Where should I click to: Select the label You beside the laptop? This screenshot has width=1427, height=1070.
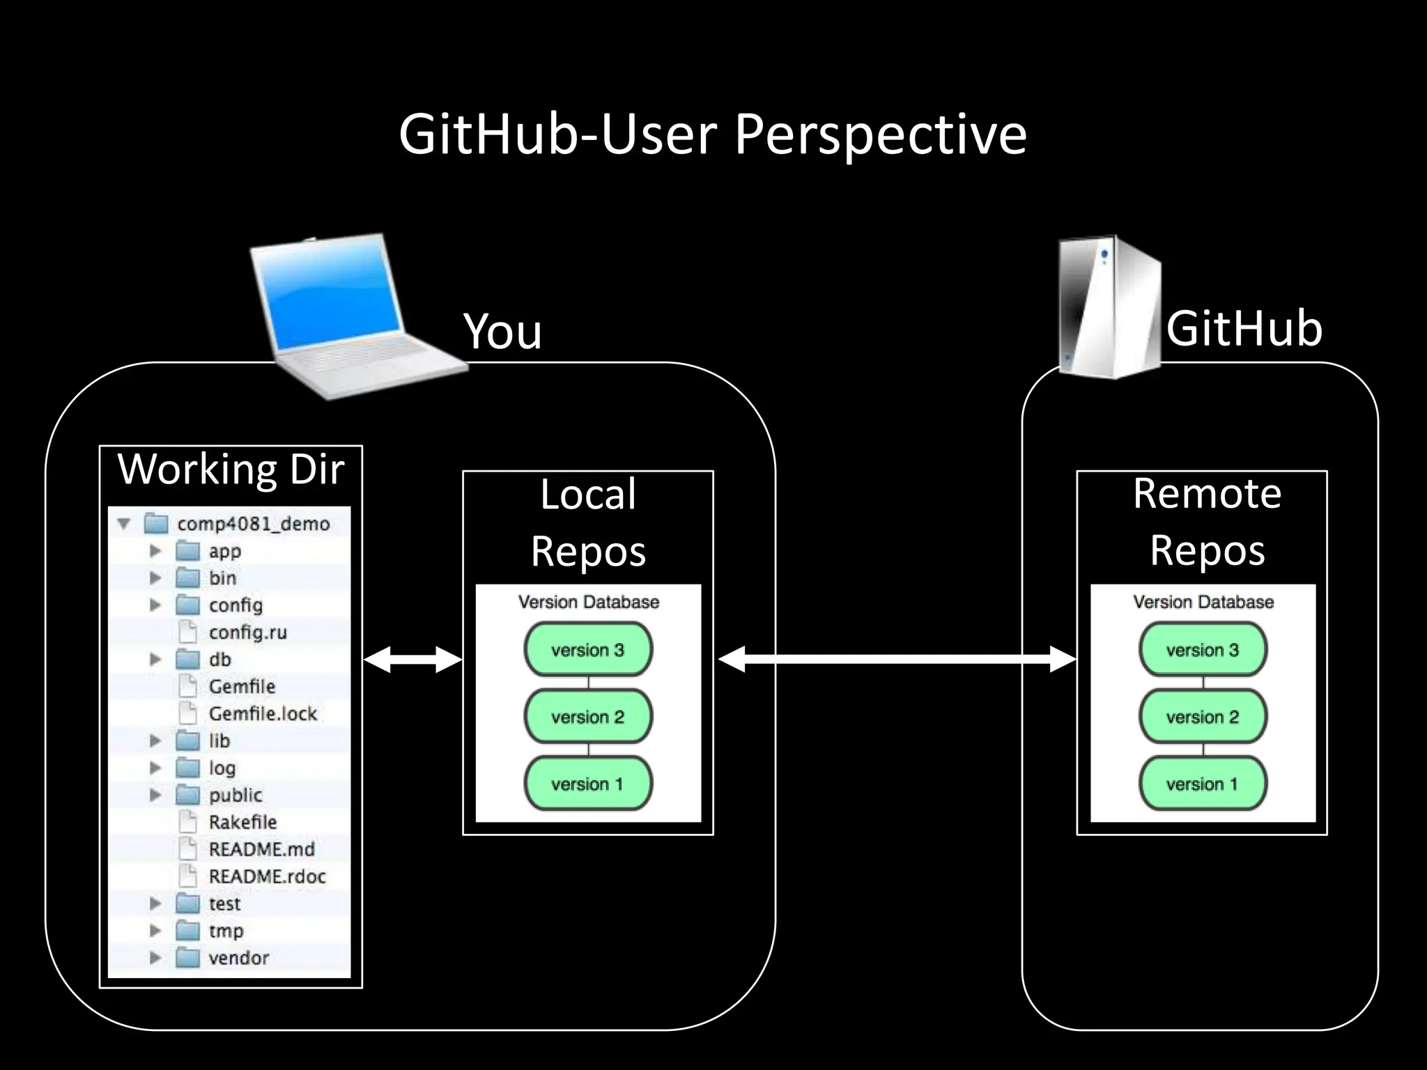502,331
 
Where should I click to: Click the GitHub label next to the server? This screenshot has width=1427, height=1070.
1244,328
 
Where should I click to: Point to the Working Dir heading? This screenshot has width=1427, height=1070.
231,469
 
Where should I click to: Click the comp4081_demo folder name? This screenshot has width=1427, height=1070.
253,524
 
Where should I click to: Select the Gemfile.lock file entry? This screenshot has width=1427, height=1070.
262,713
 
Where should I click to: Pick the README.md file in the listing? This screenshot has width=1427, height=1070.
261,849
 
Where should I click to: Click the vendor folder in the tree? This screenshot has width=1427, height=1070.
238,958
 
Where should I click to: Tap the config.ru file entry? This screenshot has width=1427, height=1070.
247,633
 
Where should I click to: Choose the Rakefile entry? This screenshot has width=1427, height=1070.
242,822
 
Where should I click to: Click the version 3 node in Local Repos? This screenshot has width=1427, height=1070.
587,650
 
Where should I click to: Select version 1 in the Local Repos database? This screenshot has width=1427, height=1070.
587,784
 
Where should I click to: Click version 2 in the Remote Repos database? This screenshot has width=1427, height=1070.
1203,717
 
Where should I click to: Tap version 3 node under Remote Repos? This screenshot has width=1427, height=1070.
1203,650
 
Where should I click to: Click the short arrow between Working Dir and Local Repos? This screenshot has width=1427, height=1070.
412,659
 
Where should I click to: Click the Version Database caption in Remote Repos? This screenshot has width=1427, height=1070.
1203,602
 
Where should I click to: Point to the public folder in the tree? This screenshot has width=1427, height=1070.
235,795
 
